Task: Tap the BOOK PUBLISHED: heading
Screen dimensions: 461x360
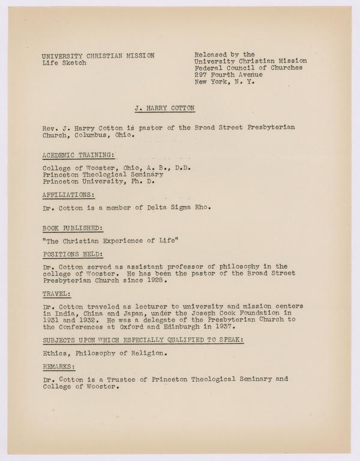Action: tap(73, 229)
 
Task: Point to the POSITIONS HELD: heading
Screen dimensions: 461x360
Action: tap(73, 254)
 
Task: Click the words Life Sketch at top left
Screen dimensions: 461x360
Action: tap(64, 63)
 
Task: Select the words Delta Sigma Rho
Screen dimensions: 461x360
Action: tap(184, 208)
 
